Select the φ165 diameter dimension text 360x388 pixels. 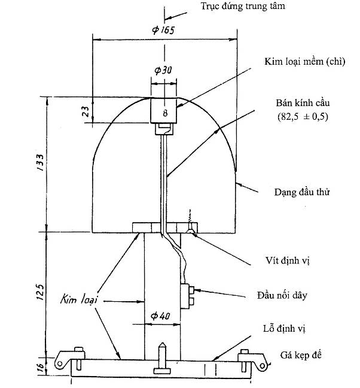coord(163,31)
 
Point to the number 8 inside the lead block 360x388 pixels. coord(164,112)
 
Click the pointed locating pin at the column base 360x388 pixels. coord(162,353)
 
